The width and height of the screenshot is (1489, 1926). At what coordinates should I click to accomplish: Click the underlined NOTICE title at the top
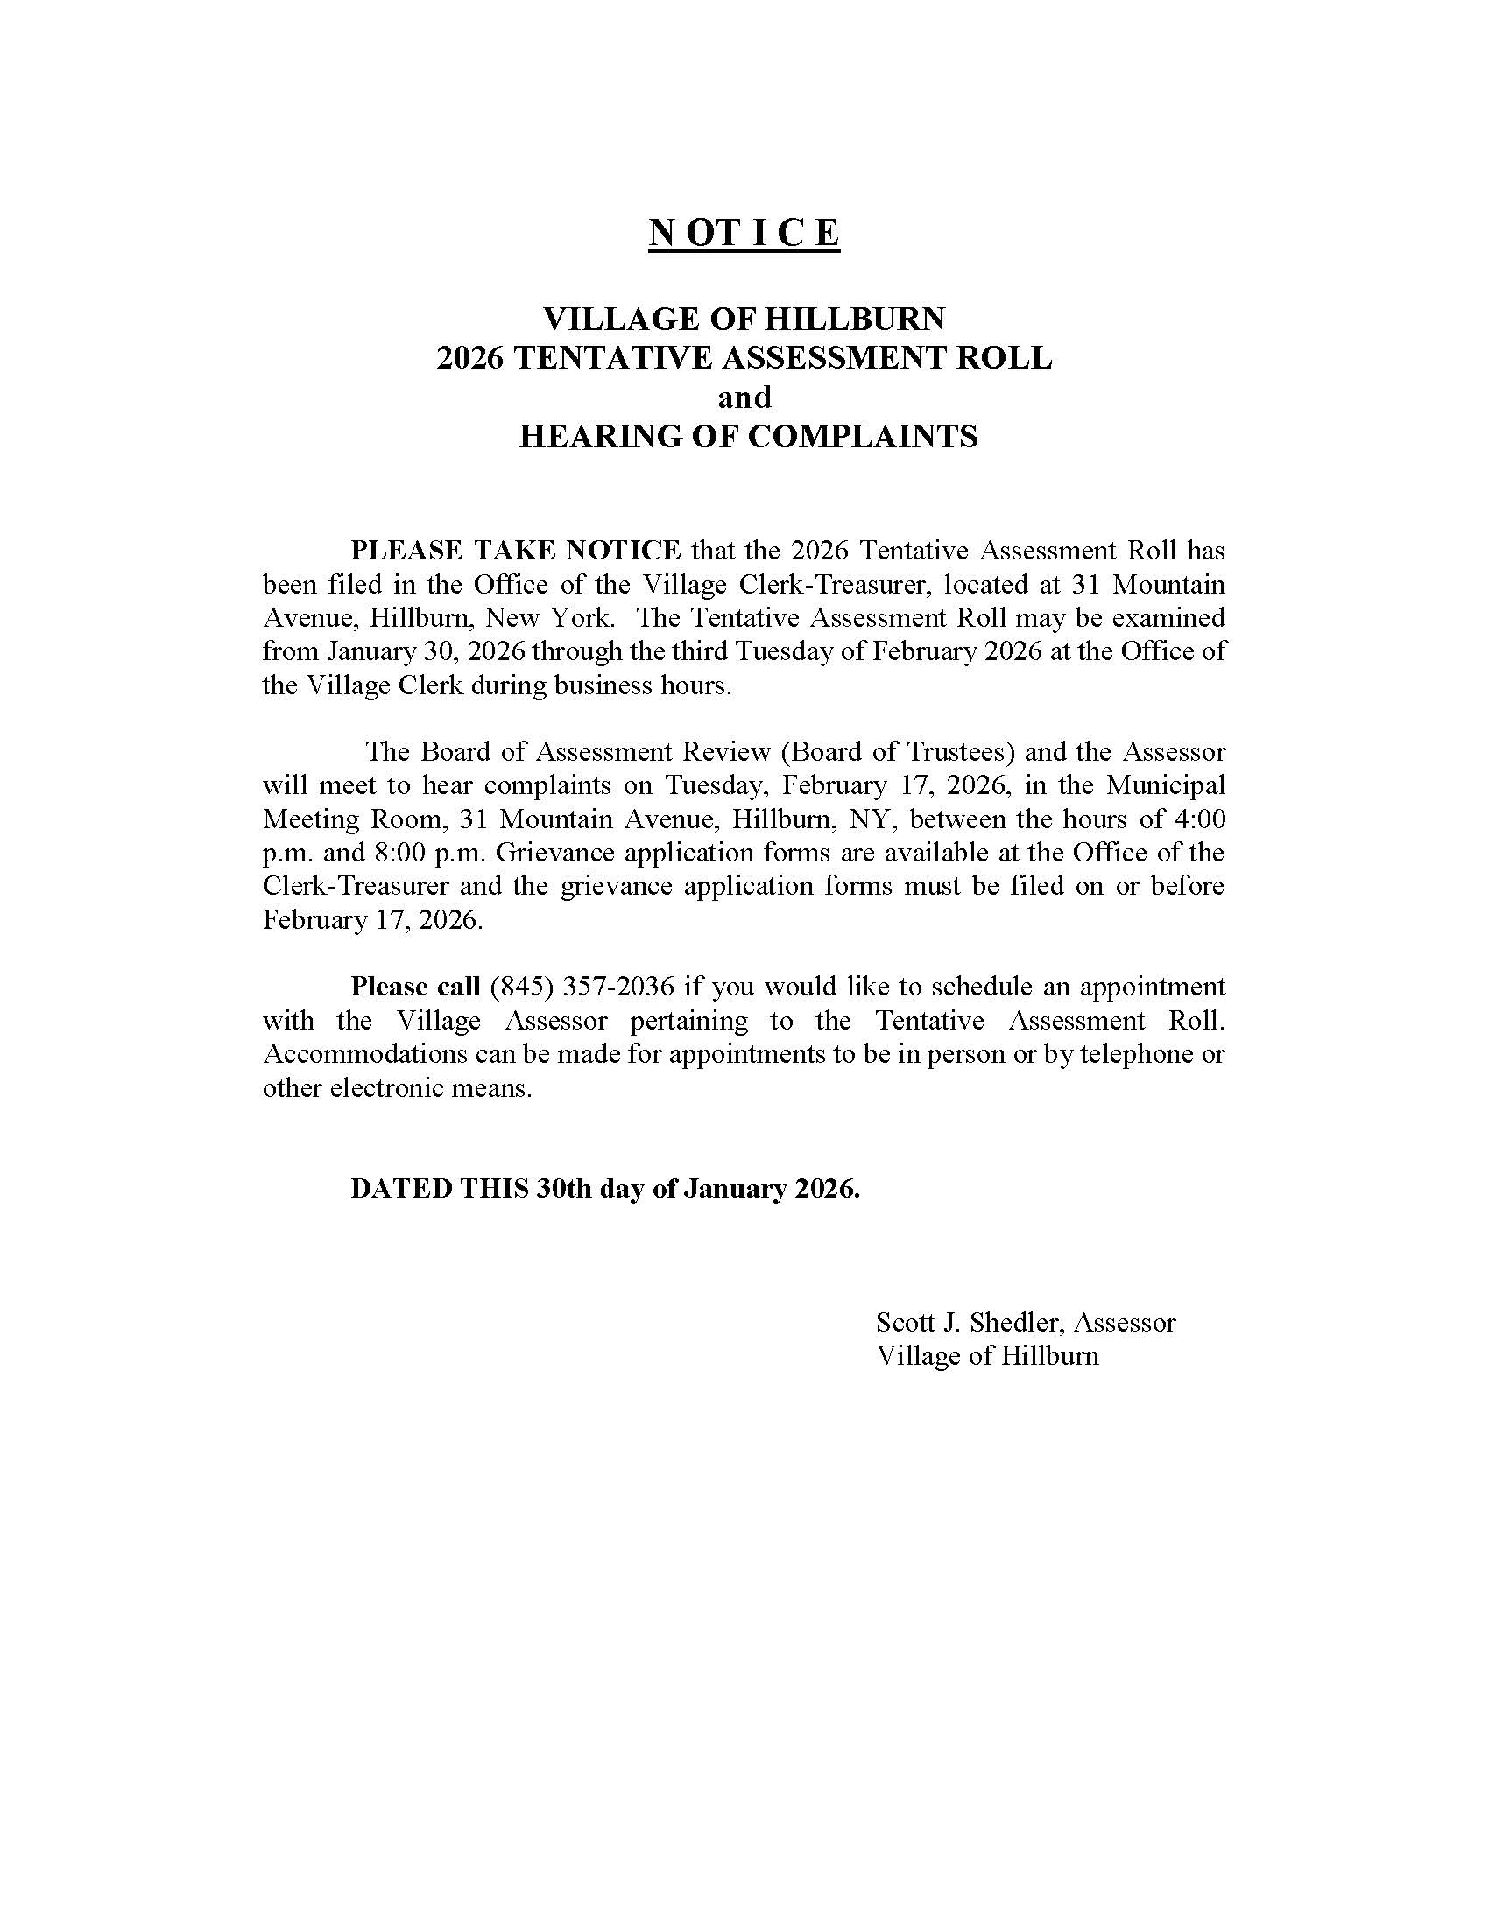click(744, 232)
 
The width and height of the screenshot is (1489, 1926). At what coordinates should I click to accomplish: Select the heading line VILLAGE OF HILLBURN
click(744, 319)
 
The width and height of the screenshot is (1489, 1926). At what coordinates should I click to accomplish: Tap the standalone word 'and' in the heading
click(744, 397)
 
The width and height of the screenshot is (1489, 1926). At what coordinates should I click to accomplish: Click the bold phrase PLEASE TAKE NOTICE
click(515, 551)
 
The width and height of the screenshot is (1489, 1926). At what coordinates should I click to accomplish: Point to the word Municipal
click(1166, 785)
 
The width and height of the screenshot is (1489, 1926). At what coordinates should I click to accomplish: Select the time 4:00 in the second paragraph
click(1200, 819)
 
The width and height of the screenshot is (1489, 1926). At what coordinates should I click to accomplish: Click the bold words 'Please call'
click(414, 986)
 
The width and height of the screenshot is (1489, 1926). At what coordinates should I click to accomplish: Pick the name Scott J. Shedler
click(970, 1322)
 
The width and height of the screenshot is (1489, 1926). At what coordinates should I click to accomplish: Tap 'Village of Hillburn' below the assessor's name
click(987, 1355)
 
